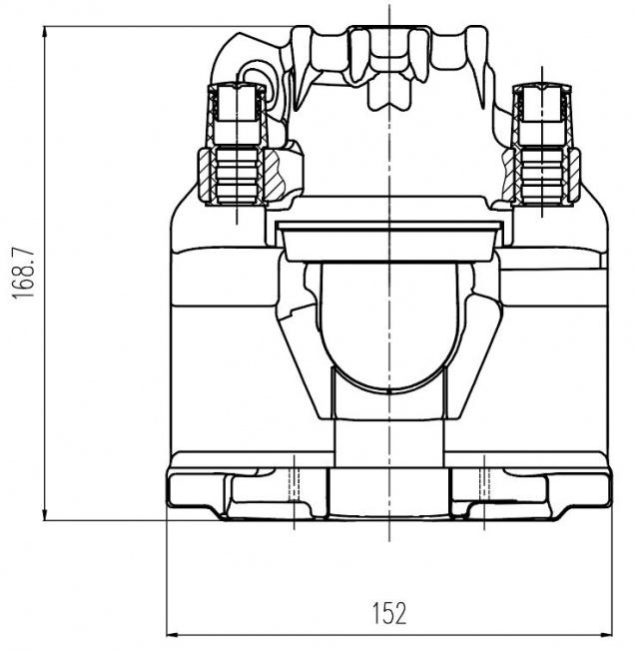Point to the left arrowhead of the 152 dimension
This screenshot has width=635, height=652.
point(173,633)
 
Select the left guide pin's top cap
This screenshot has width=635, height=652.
point(236,100)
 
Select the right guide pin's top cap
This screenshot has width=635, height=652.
point(541,100)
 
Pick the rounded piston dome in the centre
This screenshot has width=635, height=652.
point(385,325)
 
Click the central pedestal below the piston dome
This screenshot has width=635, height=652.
point(385,429)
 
